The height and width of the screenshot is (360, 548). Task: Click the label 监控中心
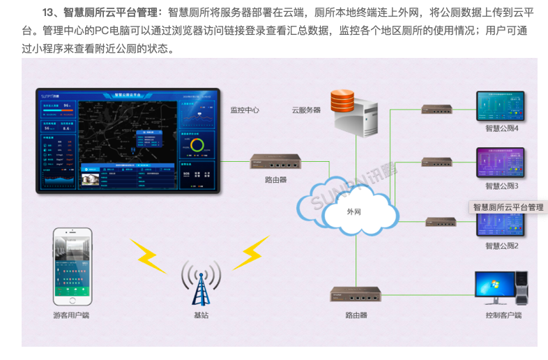[245, 110]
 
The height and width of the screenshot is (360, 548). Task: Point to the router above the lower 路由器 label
[356, 294]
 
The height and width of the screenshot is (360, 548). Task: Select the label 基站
[201, 315]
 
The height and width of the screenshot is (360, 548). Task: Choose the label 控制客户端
[503, 315]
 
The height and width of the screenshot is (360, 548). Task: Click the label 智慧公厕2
[502, 246]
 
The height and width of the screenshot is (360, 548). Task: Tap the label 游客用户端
[71, 315]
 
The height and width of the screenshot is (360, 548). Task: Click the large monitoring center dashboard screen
[128, 140]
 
